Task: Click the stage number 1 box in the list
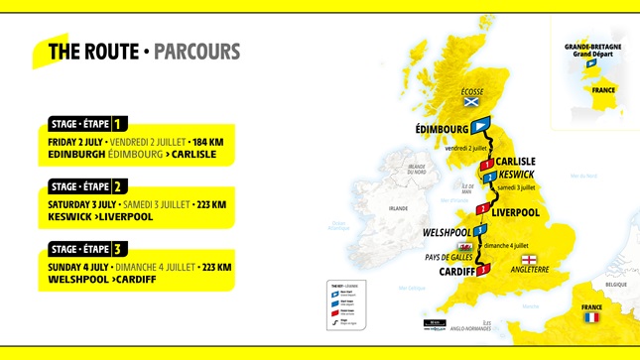click(119, 125)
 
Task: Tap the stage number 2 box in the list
click(119, 186)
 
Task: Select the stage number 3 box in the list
click(119, 248)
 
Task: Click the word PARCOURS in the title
click(197, 52)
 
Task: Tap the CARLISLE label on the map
click(516, 161)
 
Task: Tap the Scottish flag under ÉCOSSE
click(472, 103)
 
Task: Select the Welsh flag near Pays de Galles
click(463, 247)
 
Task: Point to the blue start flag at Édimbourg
click(480, 126)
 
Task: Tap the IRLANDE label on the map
click(398, 208)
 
